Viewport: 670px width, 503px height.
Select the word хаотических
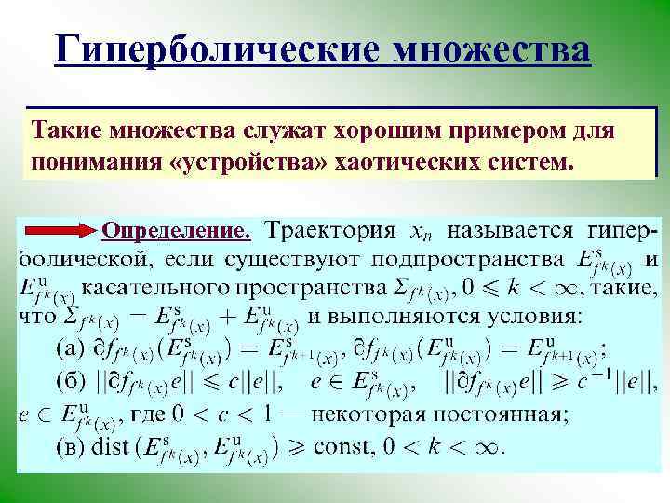pyautogui.click(x=405, y=161)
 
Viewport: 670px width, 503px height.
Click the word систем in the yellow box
pyautogui.click(x=523, y=161)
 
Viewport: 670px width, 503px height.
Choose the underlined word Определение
pyautogui.click(x=177, y=229)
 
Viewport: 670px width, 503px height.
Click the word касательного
pyautogui.click(x=161, y=287)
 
